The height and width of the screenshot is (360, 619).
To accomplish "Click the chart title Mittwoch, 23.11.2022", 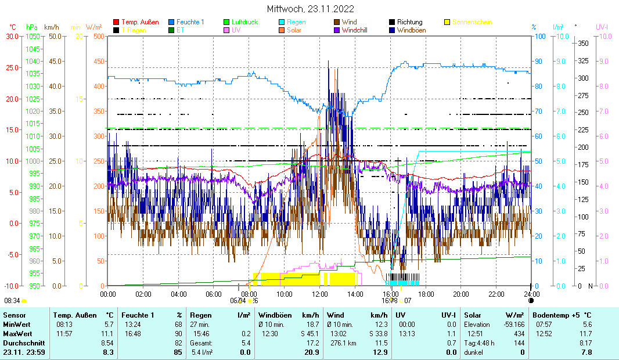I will [310, 9].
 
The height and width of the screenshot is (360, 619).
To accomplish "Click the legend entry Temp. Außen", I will [139, 22].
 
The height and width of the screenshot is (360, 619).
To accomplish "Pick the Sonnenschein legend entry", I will [472, 22].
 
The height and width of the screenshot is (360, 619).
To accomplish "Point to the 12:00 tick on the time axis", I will [320, 294].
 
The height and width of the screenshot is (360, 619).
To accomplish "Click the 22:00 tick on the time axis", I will [496, 294].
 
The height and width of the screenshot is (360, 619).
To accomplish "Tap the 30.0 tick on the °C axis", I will [12, 36].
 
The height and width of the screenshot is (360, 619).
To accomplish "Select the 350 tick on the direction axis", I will [584, 44].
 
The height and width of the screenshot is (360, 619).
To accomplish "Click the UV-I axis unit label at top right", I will [602, 27].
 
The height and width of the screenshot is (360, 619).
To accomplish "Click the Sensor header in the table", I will [14, 314].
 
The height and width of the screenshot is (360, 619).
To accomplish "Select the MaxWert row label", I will [17, 334].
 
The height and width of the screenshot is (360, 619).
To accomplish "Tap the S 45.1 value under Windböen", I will [308, 334].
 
